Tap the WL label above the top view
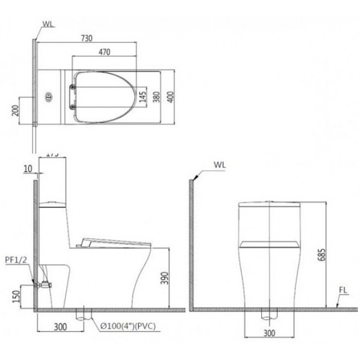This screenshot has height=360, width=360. click(x=48, y=23)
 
